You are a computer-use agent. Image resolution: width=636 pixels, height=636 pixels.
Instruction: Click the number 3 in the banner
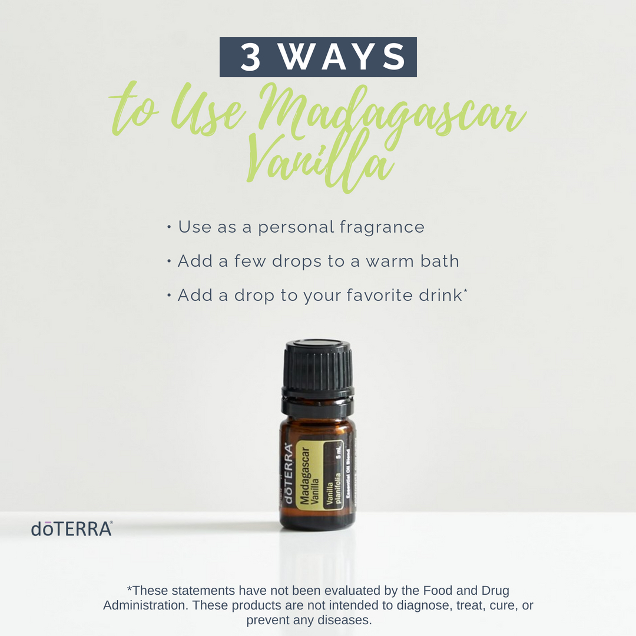point(250,57)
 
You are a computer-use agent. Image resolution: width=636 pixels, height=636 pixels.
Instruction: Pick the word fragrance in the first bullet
point(382,227)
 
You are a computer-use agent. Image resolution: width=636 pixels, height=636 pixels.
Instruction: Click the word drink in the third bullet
point(440,295)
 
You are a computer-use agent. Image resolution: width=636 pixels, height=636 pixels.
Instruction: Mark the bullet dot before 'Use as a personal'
point(169,227)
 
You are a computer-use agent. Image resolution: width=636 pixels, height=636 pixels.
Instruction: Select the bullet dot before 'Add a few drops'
point(169,261)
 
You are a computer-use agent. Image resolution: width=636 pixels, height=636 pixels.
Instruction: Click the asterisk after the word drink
point(465,290)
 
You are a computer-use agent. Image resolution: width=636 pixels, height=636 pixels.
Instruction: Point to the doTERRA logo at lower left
point(72,528)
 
